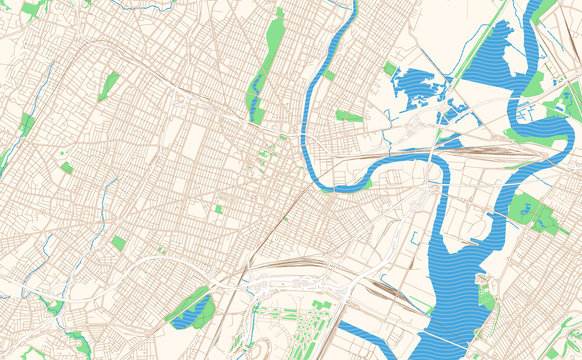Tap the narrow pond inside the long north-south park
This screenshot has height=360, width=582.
click(x=256, y=100)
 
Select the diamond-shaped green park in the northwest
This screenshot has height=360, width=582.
click(x=108, y=86)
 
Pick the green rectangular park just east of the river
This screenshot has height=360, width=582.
click(x=349, y=117)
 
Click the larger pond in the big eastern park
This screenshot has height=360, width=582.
click(x=523, y=208)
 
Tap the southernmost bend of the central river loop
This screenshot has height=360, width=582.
click(x=340, y=186)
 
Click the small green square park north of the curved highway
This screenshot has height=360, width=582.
click(x=218, y=209)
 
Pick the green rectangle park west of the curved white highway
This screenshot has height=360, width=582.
click(x=119, y=243)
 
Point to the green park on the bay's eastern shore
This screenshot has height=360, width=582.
click(x=486, y=299)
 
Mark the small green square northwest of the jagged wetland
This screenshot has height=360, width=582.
click(x=389, y=68)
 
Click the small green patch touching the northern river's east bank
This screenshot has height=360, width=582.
click(x=329, y=75)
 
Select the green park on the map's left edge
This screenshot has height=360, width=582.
click(x=26, y=124)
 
